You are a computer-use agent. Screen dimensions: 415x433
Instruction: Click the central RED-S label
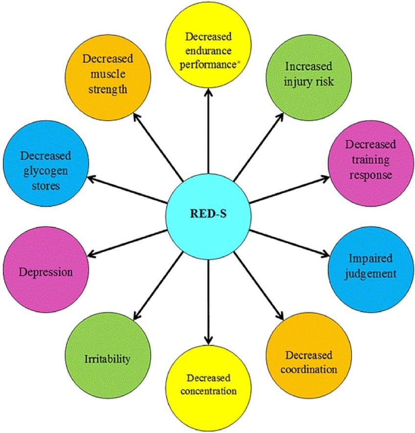point(208,214)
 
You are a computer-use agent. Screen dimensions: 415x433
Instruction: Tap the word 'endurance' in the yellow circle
point(208,51)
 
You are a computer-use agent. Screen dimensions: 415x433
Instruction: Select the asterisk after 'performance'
point(239,63)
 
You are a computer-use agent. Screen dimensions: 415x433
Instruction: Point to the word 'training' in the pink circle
point(370,159)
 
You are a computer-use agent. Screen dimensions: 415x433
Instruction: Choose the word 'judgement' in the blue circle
point(370,274)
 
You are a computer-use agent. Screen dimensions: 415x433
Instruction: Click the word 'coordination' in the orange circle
point(309,369)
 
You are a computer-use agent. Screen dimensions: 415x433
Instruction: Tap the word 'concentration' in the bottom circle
point(209,391)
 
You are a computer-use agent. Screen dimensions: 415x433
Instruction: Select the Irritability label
point(107,359)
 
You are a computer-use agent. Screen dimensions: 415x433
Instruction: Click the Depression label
point(46,272)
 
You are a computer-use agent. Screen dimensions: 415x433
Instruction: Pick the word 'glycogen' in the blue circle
point(46,171)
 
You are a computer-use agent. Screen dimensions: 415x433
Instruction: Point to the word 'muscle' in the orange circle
point(108,74)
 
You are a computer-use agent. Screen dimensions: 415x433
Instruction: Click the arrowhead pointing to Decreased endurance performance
point(208,92)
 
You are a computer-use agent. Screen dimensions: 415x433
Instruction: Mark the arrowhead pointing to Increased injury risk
point(280,117)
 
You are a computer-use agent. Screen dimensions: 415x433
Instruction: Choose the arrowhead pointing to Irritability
point(137,316)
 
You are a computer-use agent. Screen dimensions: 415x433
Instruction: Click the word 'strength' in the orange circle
point(108,89)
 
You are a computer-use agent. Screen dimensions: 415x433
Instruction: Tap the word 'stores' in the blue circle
point(46,186)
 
